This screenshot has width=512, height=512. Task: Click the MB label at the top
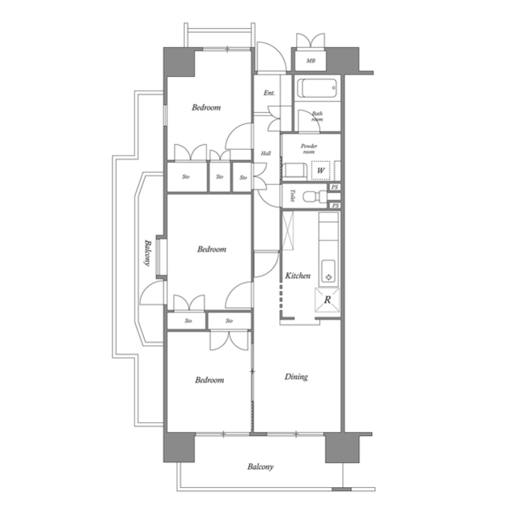310,60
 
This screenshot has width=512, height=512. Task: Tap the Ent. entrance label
270,94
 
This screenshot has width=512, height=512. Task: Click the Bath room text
317,117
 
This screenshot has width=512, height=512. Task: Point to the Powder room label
310,148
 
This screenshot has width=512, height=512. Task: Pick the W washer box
320,170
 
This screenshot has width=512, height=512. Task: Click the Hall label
266,153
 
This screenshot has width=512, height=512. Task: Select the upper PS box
335,188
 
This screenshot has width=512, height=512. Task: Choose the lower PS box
335,206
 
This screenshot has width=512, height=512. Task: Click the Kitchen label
298,276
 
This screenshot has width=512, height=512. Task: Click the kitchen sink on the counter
327,271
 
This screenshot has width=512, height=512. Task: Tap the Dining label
296,377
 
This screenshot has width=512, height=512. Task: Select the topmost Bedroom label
206,108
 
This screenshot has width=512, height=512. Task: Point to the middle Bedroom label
212,249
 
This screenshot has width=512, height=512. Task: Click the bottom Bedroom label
210,380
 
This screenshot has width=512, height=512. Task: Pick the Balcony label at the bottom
261,467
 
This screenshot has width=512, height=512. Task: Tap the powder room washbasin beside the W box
293,171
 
